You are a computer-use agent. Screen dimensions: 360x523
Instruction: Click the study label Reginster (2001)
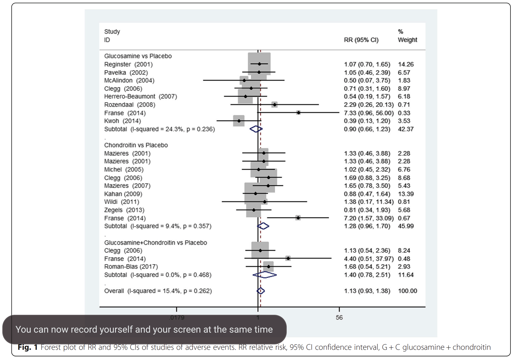(128, 64)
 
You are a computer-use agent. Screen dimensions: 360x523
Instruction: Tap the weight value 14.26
(406, 64)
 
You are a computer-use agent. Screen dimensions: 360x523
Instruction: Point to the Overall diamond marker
(260, 291)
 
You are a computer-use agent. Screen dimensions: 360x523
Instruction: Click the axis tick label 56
(339, 317)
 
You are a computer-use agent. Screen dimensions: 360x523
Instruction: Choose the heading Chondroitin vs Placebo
(136, 145)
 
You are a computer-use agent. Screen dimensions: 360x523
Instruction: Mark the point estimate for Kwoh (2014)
(239, 121)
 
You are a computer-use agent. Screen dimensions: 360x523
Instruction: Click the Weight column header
(407, 40)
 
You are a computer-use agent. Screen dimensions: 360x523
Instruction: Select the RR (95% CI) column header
(361, 40)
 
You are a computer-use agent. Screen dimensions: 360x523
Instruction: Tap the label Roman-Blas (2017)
(131, 267)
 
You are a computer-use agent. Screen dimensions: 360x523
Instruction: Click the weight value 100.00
(407, 291)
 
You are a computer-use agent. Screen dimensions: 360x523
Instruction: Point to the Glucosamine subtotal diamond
(256, 129)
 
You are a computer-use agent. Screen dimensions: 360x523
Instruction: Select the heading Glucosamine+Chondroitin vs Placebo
(156, 243)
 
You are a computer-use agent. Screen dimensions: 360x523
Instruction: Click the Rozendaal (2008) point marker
(274, 104)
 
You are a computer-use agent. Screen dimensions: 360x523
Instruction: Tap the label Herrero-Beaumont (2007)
(140, 96)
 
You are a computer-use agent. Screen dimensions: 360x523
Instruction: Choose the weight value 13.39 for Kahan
(406, 194)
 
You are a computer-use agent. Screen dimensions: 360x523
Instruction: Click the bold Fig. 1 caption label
(28, 347)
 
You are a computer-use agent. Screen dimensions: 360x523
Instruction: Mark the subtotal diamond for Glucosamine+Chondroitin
(265, 275)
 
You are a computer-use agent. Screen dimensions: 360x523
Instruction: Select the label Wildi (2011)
(121, 202)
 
